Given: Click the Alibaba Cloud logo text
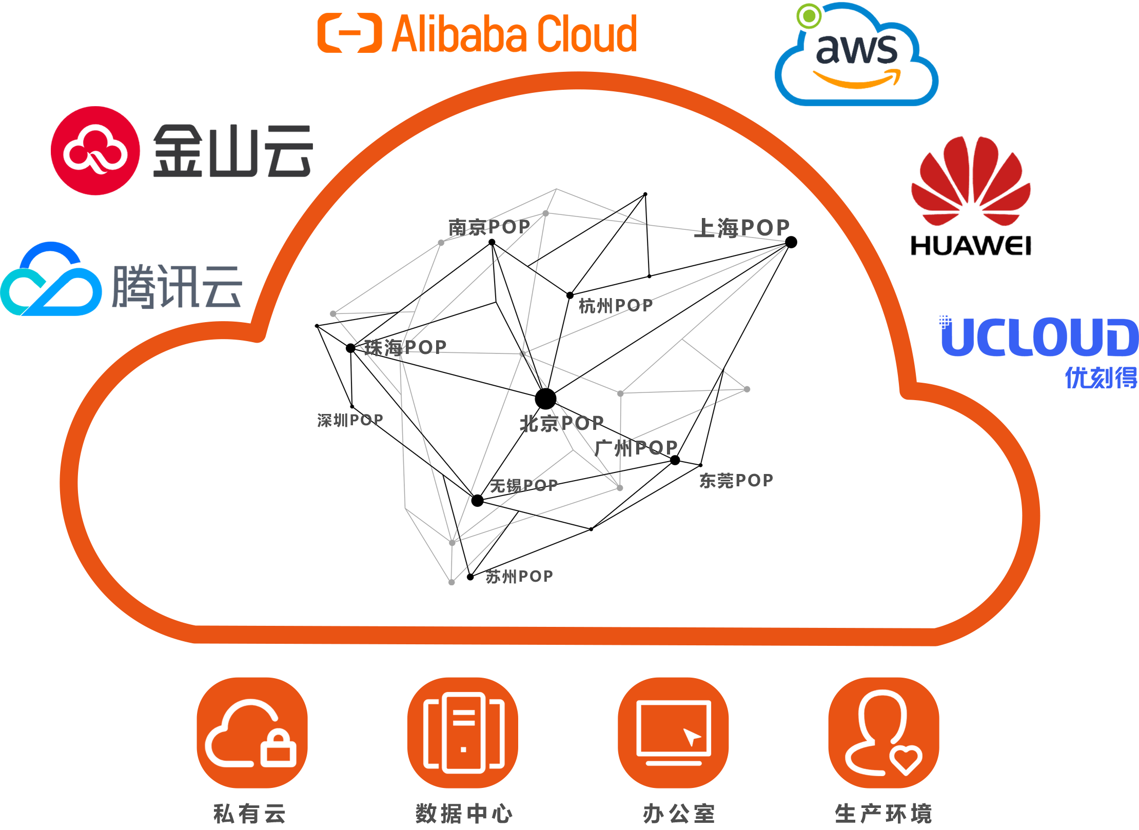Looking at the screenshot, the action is (x=514, y=34).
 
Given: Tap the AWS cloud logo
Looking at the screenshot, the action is (x=856, y=54).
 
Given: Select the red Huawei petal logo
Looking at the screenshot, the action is (x=971, y=181).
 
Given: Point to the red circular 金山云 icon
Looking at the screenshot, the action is (x=95, y=151).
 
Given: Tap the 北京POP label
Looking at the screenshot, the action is (x=562, y=424).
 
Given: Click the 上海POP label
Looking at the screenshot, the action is (x=742, y=228).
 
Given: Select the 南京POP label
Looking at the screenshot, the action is (x=489, y=227).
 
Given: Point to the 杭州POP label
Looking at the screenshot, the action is (x=616, y=306).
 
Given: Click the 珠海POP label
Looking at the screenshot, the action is (x=405, y=348).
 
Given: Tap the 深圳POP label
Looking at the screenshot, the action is (x=350, y=421).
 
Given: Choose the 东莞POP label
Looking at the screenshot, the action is (x=736, y=481).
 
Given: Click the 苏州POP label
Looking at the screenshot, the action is (x=519, y=577).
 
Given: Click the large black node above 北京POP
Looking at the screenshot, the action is (x=545, y=399).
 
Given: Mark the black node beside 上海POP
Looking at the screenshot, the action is (x=791, y=242).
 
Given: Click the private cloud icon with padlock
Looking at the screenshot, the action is (x=252, y=733).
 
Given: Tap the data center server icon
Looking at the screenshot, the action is (x=463, y=733).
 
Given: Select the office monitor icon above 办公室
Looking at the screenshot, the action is (x=673, y=733).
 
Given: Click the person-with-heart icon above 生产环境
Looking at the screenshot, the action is (x=884, y=733).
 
